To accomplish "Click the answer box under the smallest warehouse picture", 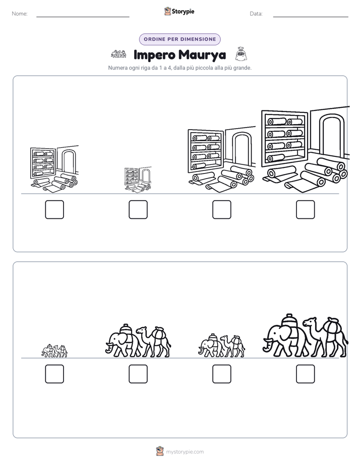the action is pos(138,209).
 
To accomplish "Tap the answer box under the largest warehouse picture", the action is pos(306,209).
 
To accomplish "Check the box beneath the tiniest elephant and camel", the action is pos(54,374).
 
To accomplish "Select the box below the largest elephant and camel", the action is pos(306,374).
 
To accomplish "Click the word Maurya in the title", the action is pos(202,55).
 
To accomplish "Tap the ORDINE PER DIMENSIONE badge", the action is pos(179,39).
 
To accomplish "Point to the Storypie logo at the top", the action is pos(179,12).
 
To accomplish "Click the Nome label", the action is pos(20,14).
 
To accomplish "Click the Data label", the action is pos(256,14).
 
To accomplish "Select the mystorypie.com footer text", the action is pos(185,452).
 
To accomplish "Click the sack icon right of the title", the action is pos(241,54).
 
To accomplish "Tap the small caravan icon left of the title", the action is pos(118,54).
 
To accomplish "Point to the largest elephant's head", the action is pos(272,337).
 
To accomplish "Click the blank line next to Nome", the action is pos(83,17).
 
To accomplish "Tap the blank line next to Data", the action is pos(311,17).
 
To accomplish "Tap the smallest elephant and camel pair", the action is pos(54,351).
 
